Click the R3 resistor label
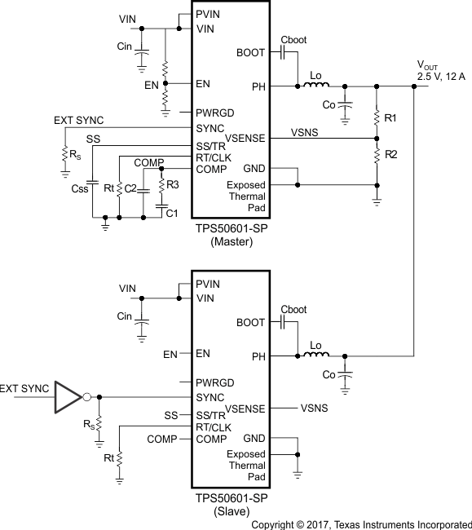pyautogui.click(x=173, y=185)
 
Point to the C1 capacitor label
pyautogui.click(x=172, y=214)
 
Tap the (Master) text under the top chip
pyautogui.click(x=231, y=242)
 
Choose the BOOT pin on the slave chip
pyautogui.click(x=250, y=323)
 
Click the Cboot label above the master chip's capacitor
pyautogui.click(x=293, y=38)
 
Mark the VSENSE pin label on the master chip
pyautogui.click(x=245, y=139)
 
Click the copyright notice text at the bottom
pyautogui.click(x=360, y=523)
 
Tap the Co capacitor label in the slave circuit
pyautogui.click(x=329, y=374)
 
